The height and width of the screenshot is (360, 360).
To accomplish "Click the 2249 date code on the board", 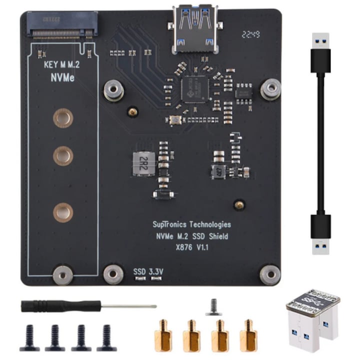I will tap(249, 34).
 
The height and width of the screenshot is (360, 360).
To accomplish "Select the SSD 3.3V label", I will tap(148, 271).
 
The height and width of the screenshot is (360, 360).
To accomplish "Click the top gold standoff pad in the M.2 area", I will tap(63, 118).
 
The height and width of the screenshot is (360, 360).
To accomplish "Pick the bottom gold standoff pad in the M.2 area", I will tap(63, 212).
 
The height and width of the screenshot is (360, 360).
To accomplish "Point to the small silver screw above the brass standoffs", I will tap(213, 306).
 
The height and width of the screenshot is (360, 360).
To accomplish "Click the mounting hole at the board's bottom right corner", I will tap(270, 274).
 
